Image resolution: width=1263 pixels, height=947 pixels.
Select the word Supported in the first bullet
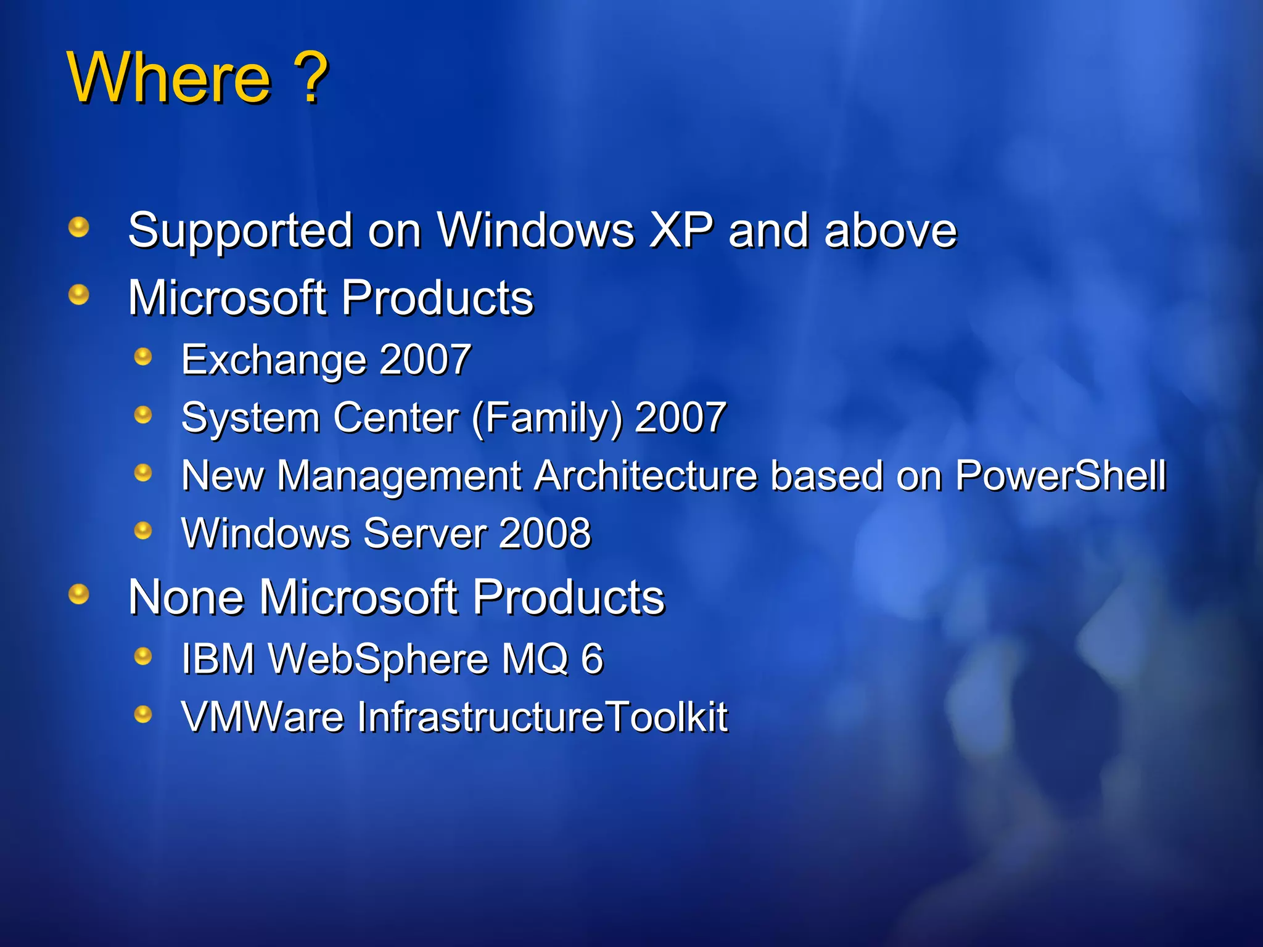pos(240,231)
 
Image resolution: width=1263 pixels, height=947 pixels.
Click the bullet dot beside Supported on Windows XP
pos(78,227)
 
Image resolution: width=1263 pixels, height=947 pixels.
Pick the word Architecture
pos(645,476)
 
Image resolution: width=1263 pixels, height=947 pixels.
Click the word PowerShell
pos(1060,476)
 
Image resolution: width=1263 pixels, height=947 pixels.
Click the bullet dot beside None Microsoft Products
pos(78,594)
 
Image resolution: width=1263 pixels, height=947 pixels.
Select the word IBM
pos(218,658)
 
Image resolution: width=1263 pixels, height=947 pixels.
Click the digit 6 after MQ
pos(592,658)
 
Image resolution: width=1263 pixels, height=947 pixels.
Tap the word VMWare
pos(262,716)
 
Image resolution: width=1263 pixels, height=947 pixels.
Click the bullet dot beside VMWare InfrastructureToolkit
pos(143,714)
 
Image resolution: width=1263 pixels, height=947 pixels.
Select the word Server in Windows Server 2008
pos(425,533)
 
